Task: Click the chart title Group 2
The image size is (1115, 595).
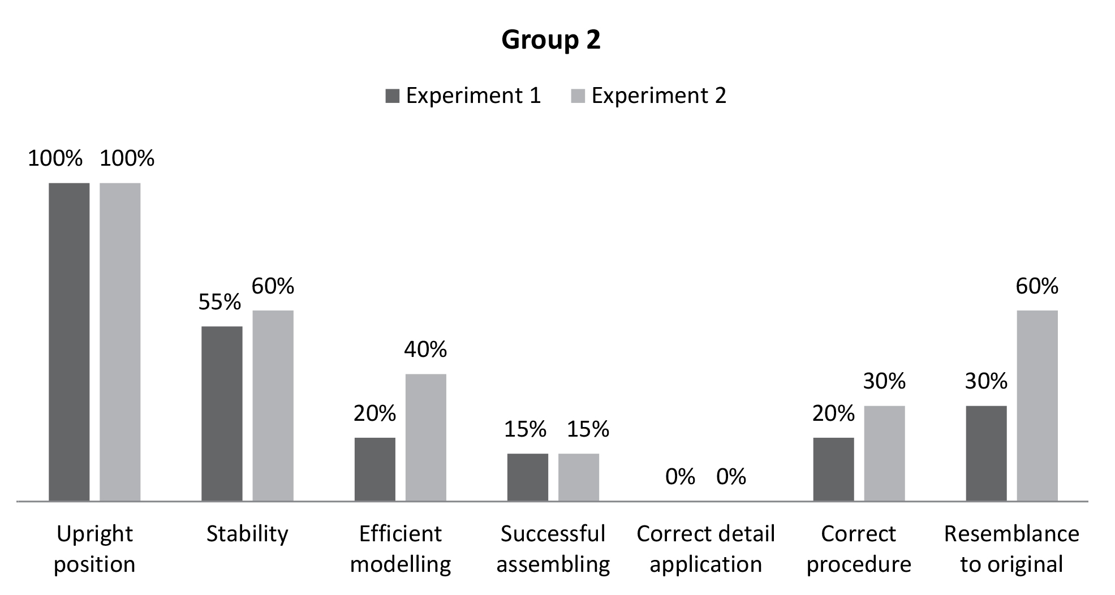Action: (550, 40)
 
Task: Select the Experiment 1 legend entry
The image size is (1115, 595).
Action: (463, 96)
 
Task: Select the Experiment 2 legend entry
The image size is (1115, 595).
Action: (648, 96)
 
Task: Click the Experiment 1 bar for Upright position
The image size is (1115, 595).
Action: (69, 342)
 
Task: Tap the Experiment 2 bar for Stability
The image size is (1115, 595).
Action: (273, 406)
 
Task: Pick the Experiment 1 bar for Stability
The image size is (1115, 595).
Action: (222, 413)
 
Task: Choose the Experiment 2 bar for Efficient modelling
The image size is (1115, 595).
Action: (425, 437)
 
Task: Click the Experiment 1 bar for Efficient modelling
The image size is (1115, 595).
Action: (374, 469)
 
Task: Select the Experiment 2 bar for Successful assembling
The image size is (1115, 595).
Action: (578, 477)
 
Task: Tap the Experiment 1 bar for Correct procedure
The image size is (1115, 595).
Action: (833, 469)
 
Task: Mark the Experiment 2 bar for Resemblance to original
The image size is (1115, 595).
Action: (1037, 406)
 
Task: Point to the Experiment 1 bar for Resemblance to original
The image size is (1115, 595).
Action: (986, 453)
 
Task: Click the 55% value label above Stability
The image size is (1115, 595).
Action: (219, 303)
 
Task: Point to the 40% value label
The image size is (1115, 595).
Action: (425, 350)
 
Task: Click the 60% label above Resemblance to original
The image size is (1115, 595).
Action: (1037, 286)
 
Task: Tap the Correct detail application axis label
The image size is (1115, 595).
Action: (705, 549)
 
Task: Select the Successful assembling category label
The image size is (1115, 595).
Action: (553, 549)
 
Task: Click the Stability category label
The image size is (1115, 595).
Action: (247, 534)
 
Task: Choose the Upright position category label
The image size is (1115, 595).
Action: (94, 549)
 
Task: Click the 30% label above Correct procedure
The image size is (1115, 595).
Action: (884, 381)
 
